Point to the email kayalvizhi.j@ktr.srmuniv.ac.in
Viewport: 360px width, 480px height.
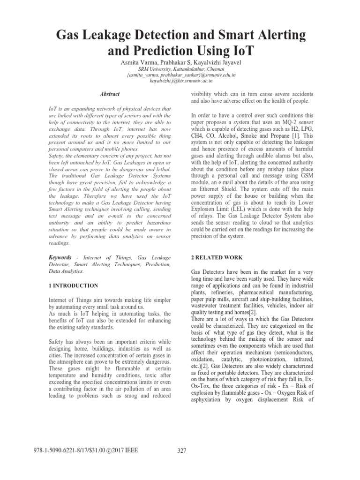tap(180, 81)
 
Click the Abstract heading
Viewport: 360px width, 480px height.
tap(110, 94)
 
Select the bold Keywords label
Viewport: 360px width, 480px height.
tap(60, 257)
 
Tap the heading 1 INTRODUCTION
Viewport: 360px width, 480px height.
tap(74, 285)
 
